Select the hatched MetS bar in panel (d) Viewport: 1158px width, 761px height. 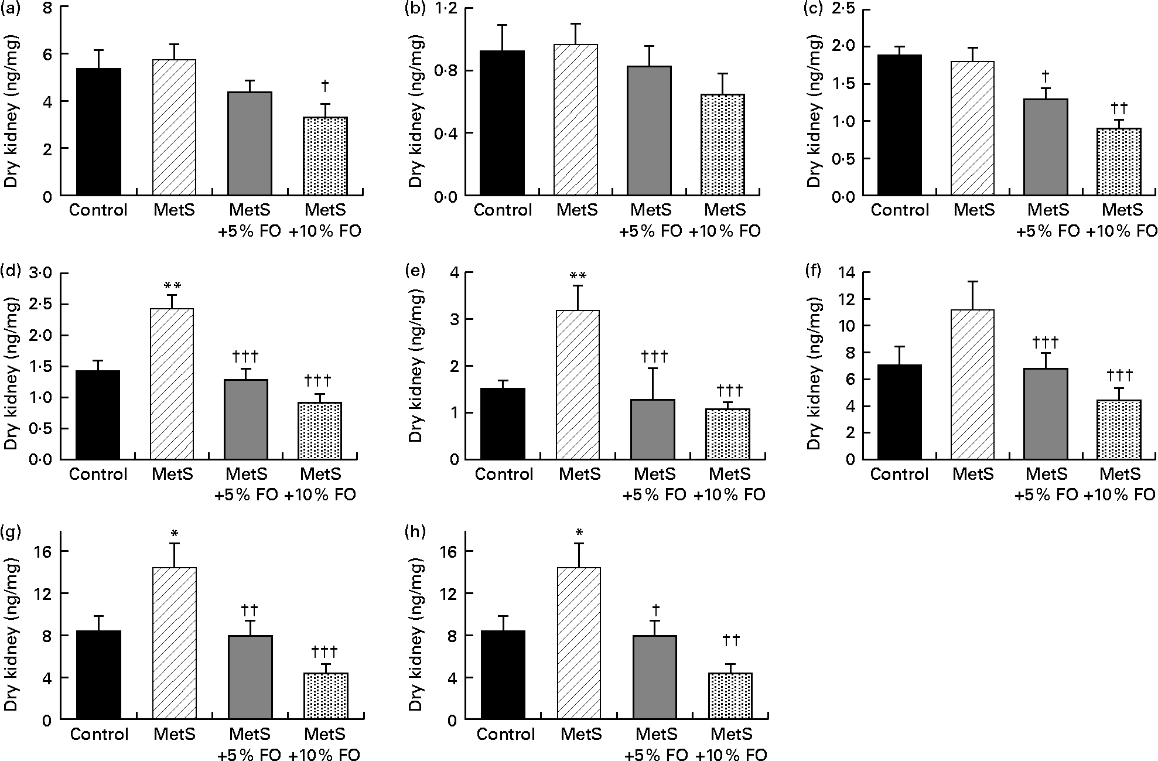[172, 384]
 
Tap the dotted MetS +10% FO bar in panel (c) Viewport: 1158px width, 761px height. [1119, 162]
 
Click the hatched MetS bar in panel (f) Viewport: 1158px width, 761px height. [972, 384]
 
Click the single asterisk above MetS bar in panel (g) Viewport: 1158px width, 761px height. [174, 534]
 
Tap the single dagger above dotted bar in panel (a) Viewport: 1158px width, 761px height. [325, 86]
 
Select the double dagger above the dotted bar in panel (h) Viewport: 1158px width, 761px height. [730, 640]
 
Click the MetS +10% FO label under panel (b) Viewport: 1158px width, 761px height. [725, 220]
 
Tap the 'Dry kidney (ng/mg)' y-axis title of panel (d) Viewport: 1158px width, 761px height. [11, 366]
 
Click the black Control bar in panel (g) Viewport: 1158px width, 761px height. [99, 675]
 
